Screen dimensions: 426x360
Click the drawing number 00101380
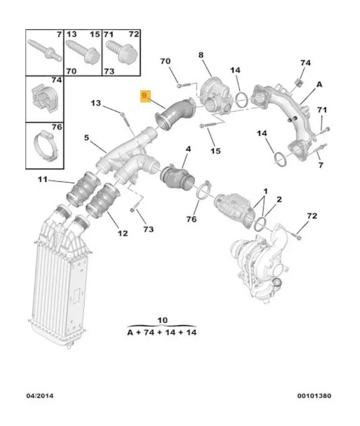[314, 396]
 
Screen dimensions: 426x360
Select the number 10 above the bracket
[162, 320]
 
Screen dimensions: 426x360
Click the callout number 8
[201, 55]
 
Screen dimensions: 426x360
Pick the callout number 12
[122, 234]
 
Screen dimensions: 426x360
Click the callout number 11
[42, 179]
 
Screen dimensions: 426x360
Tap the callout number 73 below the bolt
[149, 228]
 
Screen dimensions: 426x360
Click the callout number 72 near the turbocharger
[312, 216]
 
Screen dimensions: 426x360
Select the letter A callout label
[319, 85]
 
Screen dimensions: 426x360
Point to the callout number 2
[279, 199]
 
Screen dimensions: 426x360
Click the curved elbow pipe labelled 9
[177, 115]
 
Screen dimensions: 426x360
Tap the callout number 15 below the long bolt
[216, 151]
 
